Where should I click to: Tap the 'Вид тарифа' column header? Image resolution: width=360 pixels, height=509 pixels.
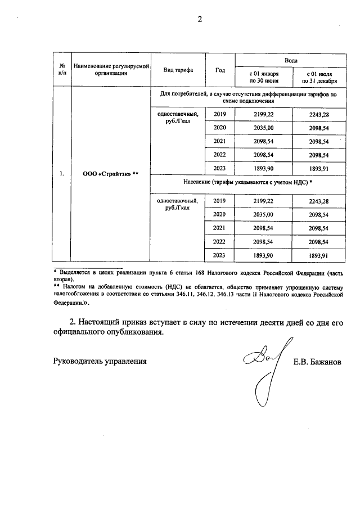click(178, 70)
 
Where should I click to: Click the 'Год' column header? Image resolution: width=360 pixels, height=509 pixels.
click(220, 70)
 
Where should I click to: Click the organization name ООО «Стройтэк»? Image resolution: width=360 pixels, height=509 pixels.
click(110, 174)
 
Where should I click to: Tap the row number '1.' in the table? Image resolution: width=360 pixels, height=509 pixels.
click(62, 174)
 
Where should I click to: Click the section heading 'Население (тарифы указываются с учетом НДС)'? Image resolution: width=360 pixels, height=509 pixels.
click(247, 183)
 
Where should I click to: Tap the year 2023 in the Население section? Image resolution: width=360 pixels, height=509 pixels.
click(220, 255)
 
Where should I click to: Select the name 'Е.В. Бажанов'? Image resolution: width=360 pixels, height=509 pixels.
click(317, 362)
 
